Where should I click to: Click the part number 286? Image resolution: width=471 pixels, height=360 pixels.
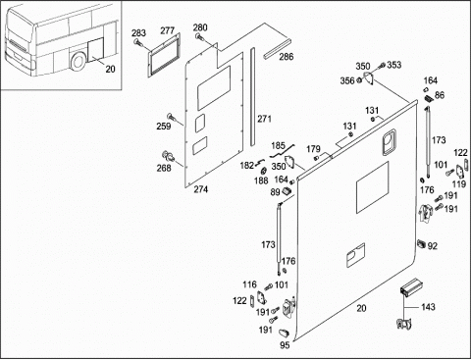[287, 57]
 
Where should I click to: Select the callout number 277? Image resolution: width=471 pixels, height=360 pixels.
[168, 30]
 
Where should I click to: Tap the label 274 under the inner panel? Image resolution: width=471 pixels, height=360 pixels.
[201, 189]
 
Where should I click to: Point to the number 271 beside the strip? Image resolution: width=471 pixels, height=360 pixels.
[264, 119]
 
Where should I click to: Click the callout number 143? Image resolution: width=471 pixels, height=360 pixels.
[428, 307]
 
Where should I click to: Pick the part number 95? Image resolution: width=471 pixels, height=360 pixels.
[285, 345]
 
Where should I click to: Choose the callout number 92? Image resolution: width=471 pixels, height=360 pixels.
[433, 246]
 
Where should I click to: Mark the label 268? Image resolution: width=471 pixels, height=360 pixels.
[164, 168]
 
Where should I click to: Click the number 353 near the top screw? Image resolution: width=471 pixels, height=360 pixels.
[394, 65]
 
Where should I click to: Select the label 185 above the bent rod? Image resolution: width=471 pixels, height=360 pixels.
[279, 145]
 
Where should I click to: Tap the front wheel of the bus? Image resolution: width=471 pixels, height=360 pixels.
[78, 61]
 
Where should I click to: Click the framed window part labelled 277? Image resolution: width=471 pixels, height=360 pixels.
[164, 55]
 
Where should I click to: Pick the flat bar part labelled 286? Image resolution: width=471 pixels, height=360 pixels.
[277, 49]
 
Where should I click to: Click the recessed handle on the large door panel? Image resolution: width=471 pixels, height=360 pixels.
[389, 141]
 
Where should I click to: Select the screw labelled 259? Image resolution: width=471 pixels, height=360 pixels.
[172, 118]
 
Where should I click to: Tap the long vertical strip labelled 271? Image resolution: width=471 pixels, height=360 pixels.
[252, 97]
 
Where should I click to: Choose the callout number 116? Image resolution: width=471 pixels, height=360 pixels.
[249, 284]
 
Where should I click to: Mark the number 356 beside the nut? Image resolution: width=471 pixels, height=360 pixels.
[347, 80]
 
